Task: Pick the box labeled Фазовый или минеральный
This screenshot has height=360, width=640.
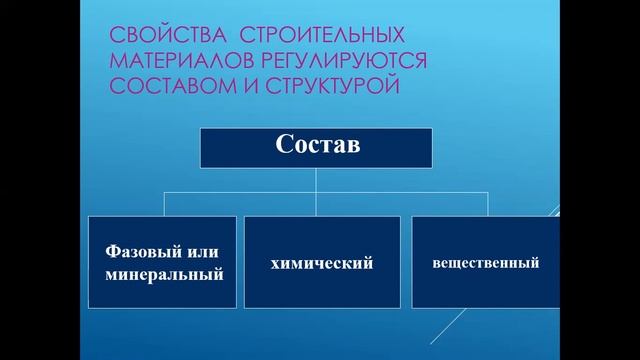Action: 162,263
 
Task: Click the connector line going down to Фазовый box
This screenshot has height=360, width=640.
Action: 162,205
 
